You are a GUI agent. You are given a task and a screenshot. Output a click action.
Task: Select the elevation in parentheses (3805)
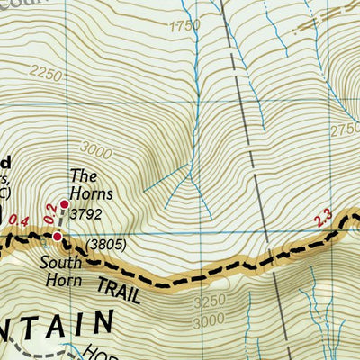pos(104,245)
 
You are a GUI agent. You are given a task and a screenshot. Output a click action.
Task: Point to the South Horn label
pos(61,271)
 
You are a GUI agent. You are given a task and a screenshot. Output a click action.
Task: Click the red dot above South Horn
pos(58,237)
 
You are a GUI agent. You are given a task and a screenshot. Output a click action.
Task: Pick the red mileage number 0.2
pos(50,210)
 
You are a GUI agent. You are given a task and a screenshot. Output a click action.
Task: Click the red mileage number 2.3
pos(323,218)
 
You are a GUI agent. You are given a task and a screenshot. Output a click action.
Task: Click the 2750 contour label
pos(346,130)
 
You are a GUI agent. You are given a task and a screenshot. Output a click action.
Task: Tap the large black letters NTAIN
pos(54,329)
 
